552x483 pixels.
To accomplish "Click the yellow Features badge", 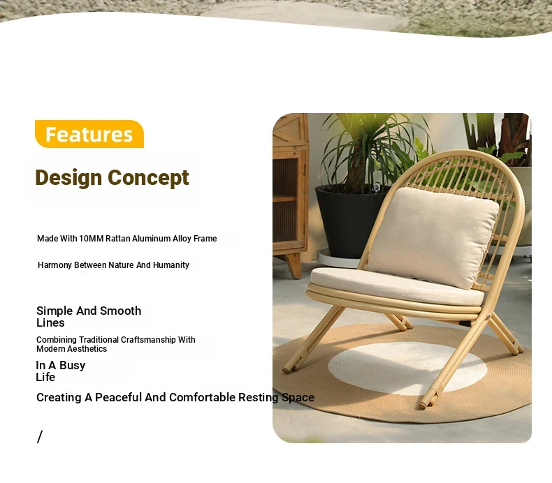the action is pos(89,134).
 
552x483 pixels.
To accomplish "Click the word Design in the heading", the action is pos(68,178).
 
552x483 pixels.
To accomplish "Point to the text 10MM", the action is pos(91,239).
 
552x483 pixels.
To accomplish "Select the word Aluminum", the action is pos(152,239).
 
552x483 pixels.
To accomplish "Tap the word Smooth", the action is pos(120,311).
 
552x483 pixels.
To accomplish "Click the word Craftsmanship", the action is pos(148,340).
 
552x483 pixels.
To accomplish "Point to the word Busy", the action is pos(73,366).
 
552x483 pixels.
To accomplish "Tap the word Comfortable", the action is pos(203,397).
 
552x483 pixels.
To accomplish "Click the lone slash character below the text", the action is pos(39,436).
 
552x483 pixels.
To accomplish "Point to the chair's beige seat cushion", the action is pos(394,285).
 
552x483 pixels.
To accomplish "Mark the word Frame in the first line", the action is pos(205,239).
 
